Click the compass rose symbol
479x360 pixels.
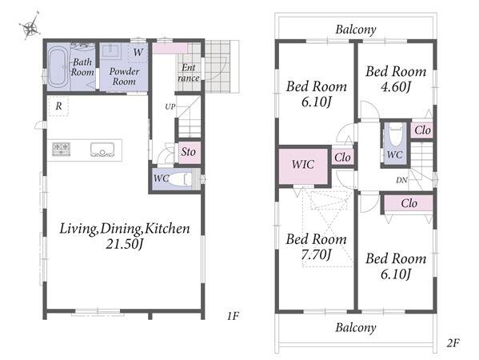(x=30, y=26)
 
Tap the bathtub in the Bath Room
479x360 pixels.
(x=58, y=67)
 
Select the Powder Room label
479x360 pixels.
(x=124, y=76)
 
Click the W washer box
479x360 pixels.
(x=138, y=53)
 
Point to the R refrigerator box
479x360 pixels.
(x=58, y=106)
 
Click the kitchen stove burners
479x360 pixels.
(x=61, y=149)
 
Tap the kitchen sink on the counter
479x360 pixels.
(x=102, y=150)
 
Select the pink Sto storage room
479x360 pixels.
(x=190, y=152)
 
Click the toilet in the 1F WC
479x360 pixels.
(x=180, y=179)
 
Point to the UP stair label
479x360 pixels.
(x=170, y=106)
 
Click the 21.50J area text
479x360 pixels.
(x=125, y=244)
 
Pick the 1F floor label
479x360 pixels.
(x=233, y=316)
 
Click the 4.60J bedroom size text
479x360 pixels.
(x=396, y=87)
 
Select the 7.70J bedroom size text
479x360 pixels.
(x=316, y=254)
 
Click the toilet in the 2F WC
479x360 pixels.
(x=395, y=135)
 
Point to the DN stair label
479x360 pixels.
(x=401, y=180)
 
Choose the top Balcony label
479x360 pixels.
(x=356, y=30)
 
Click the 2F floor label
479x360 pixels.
(x=453, y=343)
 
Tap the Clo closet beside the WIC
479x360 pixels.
(x=342, y=158)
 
